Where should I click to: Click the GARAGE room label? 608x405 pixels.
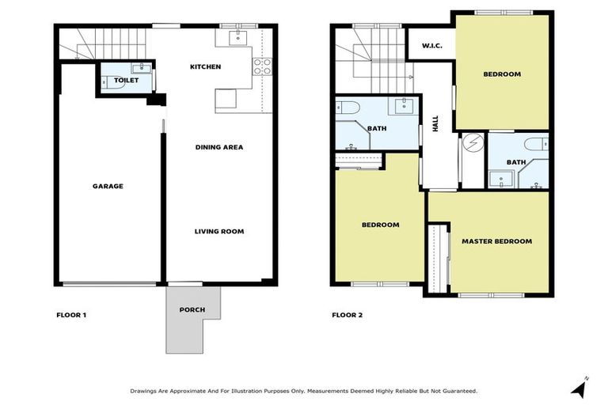click(x=108, y=187)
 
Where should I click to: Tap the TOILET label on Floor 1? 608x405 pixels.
click(x=126, y=81)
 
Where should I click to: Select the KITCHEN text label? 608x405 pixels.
click(x=205, y=67)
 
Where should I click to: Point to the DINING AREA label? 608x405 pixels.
click(x=219, y=147)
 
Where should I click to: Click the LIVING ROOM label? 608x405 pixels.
click(x=219, y=232)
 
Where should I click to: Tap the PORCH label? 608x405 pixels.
click(x=192, y=309)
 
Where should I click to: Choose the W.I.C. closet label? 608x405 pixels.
click(x=431, y=45)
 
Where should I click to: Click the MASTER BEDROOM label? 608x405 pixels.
click(x=496, y=241)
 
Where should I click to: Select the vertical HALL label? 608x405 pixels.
click(x=435, y=123)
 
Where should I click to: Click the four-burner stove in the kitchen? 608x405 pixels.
click(x=262, y=66)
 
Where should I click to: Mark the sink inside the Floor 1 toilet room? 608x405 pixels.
click(x=141, y=69)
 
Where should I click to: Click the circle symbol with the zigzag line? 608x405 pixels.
click(x=473, y=142)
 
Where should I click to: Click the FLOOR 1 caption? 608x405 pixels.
click(x=71, y=316)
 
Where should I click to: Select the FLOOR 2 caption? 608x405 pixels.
click(x=347, y=316)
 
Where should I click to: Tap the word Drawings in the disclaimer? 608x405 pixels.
click(x=146, y=391)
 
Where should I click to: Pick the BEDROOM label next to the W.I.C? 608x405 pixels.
click(x=502, y=74)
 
